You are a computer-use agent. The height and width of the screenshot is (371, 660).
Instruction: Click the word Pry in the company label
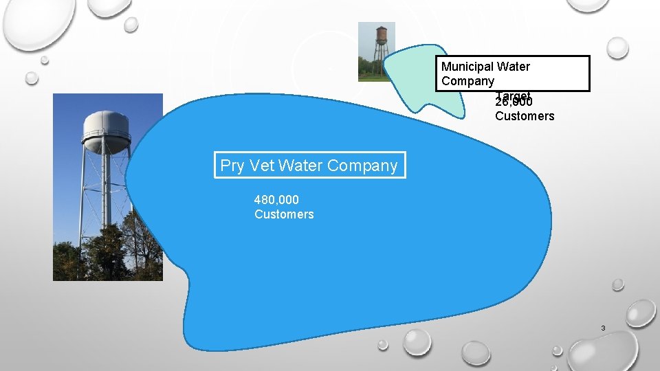[x=232, y=166]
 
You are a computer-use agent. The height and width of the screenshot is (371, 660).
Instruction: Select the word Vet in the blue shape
[x=262, y=166]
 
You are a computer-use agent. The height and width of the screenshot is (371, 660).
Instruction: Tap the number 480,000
[x=276, y=200]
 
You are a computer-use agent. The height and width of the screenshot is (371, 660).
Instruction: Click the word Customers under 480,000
[x=284, y=214]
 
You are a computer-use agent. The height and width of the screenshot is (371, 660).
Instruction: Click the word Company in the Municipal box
[x=467, y=81]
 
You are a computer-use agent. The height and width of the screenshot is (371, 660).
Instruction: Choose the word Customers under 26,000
[x=525, y=116]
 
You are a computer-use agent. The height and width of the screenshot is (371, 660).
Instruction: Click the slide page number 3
[x=603, y=328]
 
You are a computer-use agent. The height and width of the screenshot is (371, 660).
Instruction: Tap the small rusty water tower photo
[x=377, y=52]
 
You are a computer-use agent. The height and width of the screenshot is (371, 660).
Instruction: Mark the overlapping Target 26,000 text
[x=513, y=99]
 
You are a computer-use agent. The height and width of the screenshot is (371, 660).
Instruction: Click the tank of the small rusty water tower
[x=381, y=34]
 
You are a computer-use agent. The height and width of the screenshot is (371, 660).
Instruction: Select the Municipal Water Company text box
[x=513, y=74]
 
